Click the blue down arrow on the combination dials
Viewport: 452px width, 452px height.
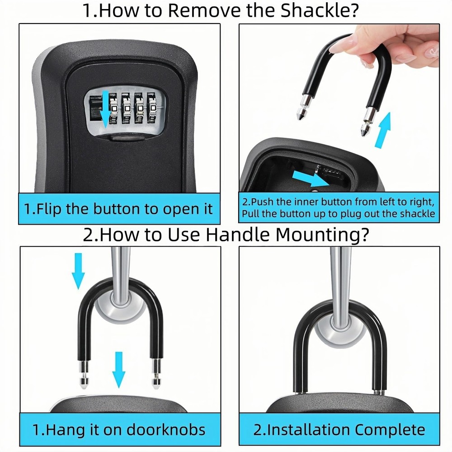tap(105, 109)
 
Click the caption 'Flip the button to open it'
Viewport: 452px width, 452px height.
tap(118, 209)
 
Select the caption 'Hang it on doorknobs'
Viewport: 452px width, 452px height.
tap(118, 429)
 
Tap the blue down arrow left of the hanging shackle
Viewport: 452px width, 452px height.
tap(79, 270)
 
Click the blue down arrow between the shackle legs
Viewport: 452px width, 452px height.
tap(118, 369)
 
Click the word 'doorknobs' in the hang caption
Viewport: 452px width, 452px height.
tap(165, 429)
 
